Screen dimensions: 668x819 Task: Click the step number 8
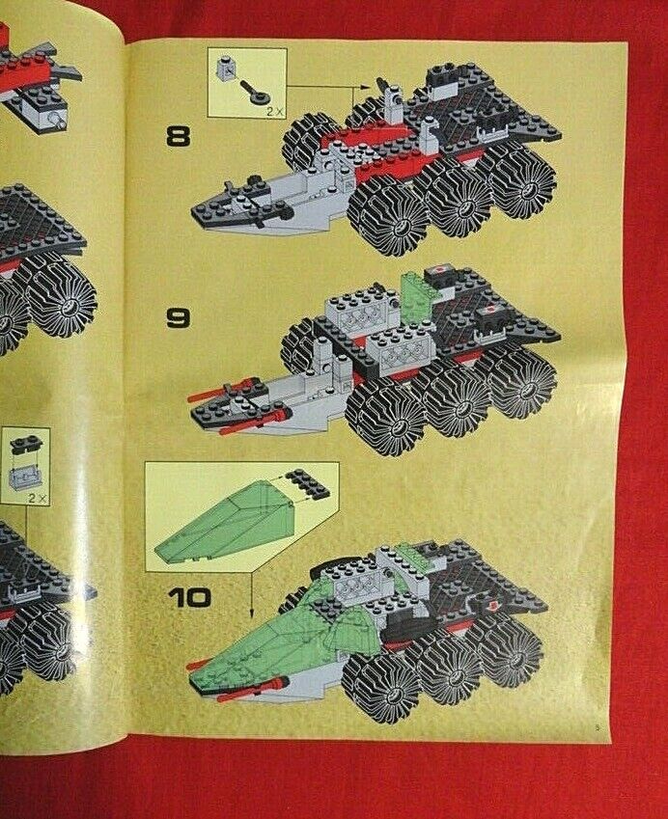[x=179, y=137]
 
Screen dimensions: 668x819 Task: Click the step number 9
[x=179, y=317]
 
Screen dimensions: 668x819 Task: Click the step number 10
[x=189, y=597]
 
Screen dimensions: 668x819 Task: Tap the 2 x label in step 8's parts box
[x=273, y=111]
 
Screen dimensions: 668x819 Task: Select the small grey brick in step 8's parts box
[x=225, y=68]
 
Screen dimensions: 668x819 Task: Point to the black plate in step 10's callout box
[x=308, y=483]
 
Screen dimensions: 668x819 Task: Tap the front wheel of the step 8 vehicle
[x=389, y=215]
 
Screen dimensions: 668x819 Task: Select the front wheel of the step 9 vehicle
[x=387, y=413]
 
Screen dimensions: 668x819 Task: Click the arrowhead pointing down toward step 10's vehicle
[x=251, y=613]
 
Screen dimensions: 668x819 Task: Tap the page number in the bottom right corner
[x=597, y=725]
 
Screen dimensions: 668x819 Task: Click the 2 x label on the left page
[x=38, y=498]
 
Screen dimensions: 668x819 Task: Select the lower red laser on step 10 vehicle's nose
[x=253, y=689]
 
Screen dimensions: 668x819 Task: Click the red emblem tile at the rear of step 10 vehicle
[x=492, y=606]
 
